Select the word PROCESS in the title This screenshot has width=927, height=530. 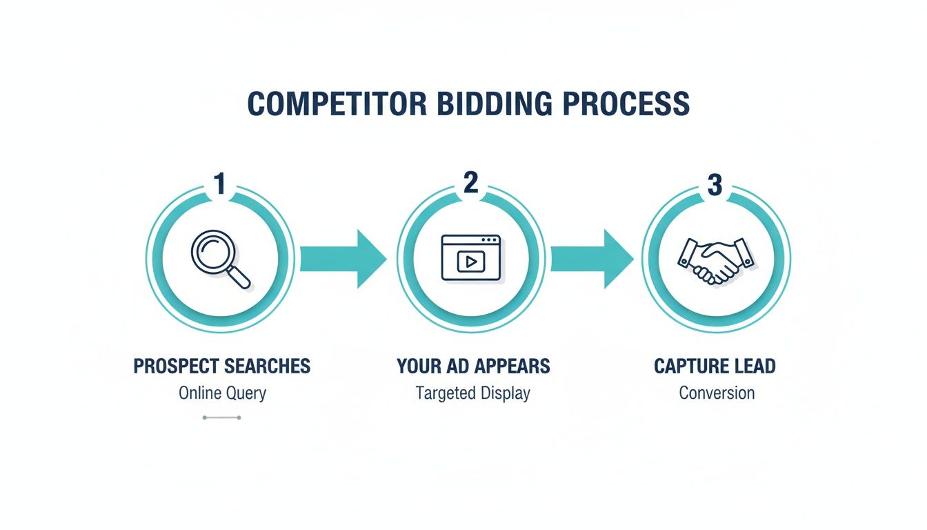(626, 104)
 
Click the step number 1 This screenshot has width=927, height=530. (220, 184)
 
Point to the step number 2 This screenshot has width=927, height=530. (471, 182)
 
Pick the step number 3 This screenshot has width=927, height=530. (715, 185)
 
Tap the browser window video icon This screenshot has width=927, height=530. (471, 257)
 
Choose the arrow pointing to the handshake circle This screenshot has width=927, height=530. (592, 259)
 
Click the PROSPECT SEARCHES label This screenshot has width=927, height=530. (222, 366)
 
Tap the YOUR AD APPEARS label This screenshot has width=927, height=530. (473, 366)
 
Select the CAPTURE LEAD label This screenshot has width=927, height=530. (715, 366)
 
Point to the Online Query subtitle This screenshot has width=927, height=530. (222, 393)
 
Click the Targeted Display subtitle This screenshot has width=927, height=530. (473, 393)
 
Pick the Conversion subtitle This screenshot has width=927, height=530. (717, 393)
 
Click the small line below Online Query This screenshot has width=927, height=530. (222, 418)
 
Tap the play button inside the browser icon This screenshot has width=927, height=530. (471, 262)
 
